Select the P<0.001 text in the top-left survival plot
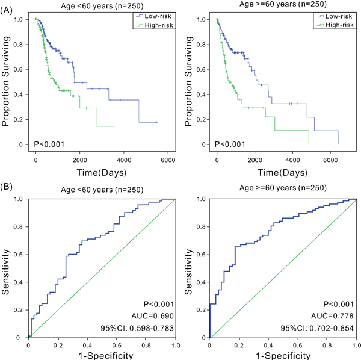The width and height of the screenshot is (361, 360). tap(49, 143)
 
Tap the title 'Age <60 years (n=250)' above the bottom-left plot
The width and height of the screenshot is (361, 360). tap(101, 190)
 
